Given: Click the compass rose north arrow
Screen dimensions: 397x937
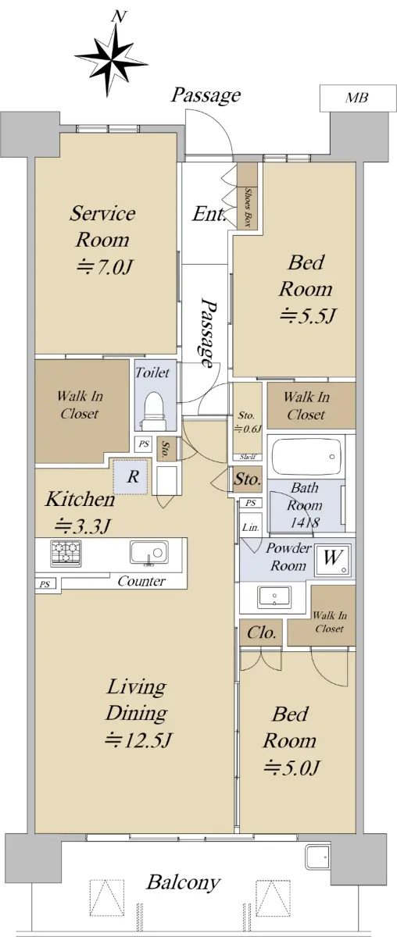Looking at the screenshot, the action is coord(112,58).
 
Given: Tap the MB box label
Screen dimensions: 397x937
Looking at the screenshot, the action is coord(357,98).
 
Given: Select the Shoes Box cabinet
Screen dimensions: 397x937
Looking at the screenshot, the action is coord(247,196).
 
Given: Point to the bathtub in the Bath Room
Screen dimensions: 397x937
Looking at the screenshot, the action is coord(306,456).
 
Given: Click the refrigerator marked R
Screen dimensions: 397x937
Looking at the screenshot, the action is coord(131,476).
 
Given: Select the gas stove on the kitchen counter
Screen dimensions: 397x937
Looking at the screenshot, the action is coord(66,553).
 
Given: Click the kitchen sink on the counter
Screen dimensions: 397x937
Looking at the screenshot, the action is coord(148,553).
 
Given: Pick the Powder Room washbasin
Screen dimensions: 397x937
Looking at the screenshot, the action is coord(274,597).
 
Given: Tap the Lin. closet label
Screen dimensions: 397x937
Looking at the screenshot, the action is coord(250,528).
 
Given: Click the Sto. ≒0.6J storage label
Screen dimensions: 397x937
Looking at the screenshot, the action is coord(247,422).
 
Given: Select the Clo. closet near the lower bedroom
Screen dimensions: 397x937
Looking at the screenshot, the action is coord(260,632).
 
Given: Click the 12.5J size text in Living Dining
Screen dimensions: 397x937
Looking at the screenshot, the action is coord(138,740).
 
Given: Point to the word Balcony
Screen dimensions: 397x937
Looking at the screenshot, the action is coord(183,882).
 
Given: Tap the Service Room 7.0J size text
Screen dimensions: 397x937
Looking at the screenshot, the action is coord(106,266).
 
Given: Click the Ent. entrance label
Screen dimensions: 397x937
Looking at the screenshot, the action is coord(209,214).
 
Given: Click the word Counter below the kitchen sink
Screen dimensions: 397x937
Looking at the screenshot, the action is coord(141,581).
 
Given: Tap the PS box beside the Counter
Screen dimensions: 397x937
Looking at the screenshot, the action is coord(45,584).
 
